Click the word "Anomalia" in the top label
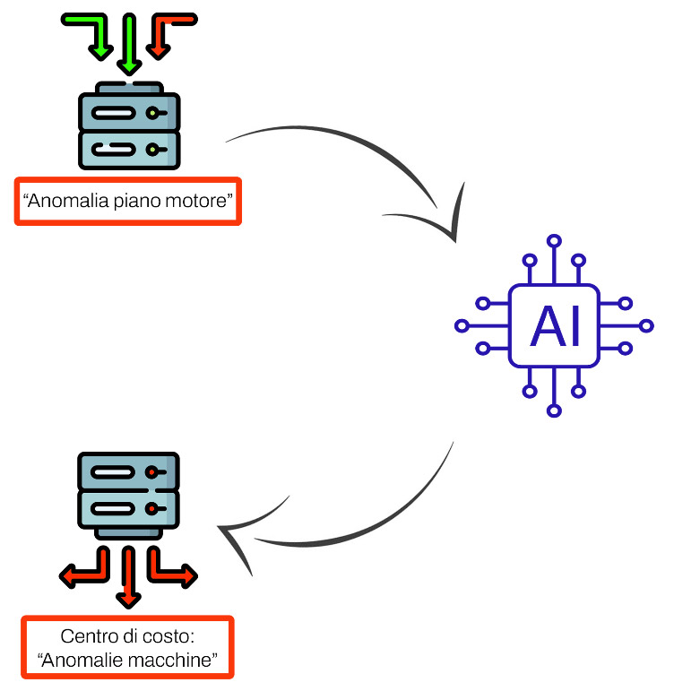[68, 201]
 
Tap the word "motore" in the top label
[195, 201]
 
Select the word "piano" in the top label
[137, 202]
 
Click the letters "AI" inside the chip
[554, 326]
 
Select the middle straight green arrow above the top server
[129, 44]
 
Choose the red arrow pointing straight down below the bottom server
[128, 577]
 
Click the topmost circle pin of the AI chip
[554, 241]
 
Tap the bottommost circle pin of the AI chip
[554, 410]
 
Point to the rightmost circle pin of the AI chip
[646, 326]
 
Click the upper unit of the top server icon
[129, 112]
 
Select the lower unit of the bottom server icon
[128, 509]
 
